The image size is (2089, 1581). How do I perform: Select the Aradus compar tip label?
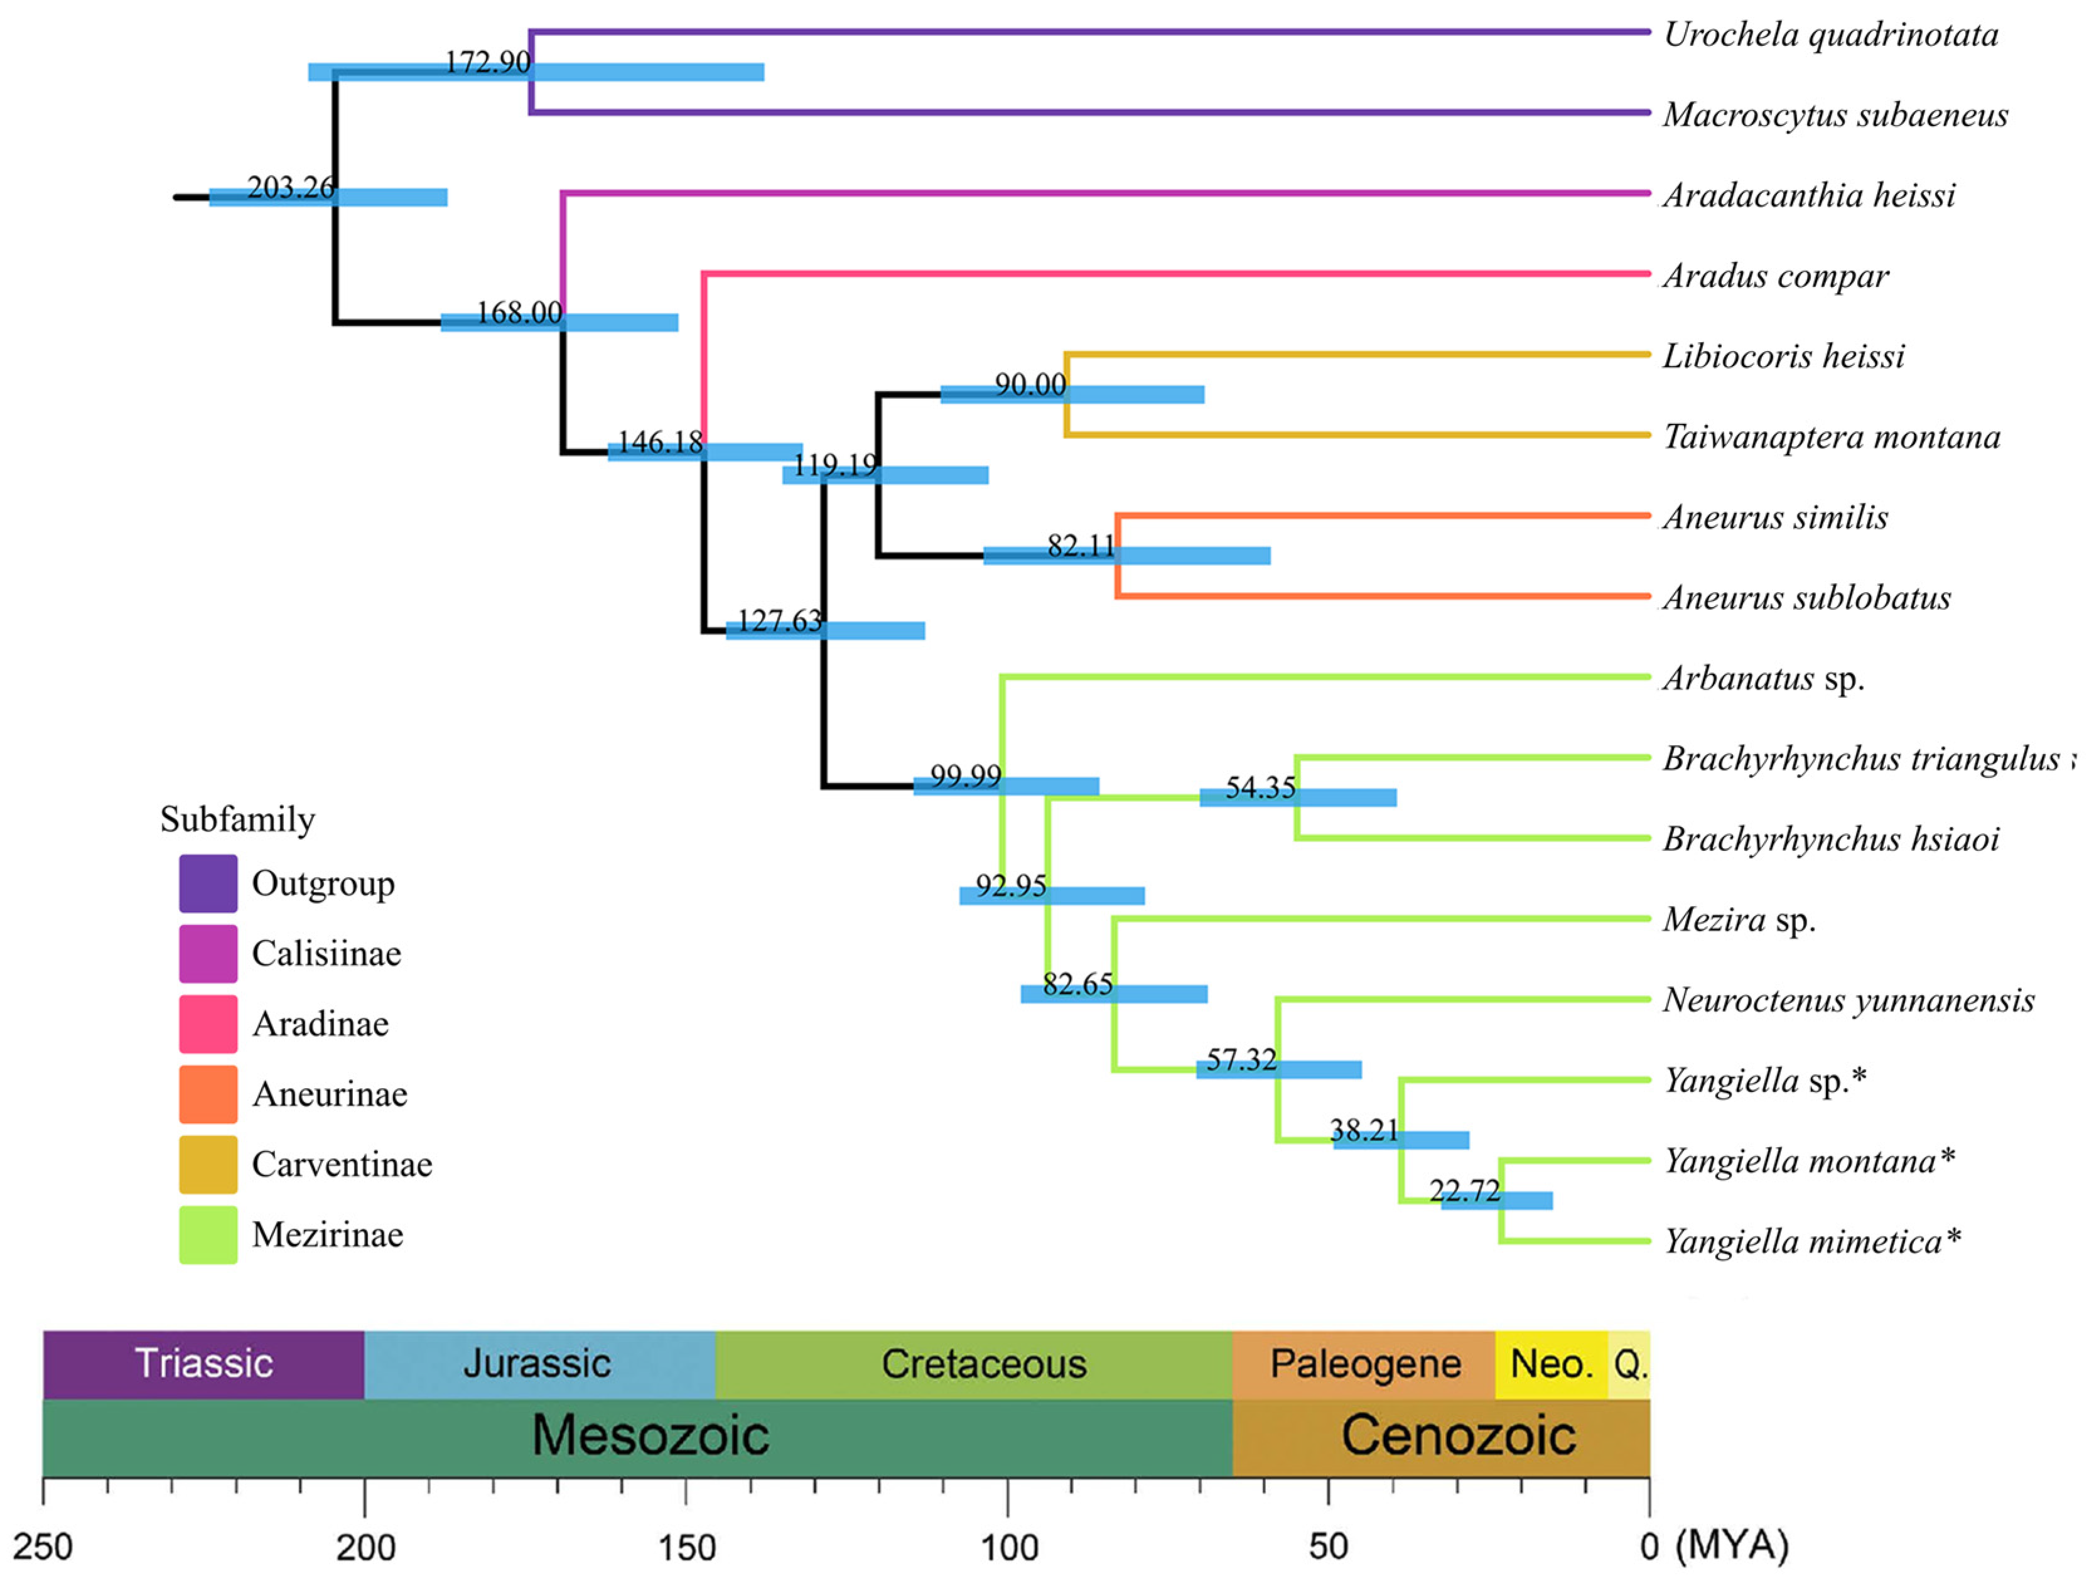point(1776,276)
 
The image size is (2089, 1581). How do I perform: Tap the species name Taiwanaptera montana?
point(1831,437)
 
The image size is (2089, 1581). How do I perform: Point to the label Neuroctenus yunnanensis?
point(1848,1000)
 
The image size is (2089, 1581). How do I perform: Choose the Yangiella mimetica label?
point(1811,1241)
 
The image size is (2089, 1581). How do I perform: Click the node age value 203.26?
point(290,188)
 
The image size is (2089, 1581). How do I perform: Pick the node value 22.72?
point(1465,1191)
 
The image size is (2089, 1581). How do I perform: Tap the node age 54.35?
point(1260,787)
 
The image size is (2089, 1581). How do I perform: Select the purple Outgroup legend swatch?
point(208,883)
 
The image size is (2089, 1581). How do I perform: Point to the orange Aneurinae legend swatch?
point(208,1094)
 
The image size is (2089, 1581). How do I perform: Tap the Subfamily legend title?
point(237,819)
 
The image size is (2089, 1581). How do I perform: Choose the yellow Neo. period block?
point(1551,1364)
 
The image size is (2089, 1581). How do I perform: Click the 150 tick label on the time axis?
point(686,1547)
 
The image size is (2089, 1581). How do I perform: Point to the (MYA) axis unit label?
point(1731,1545)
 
